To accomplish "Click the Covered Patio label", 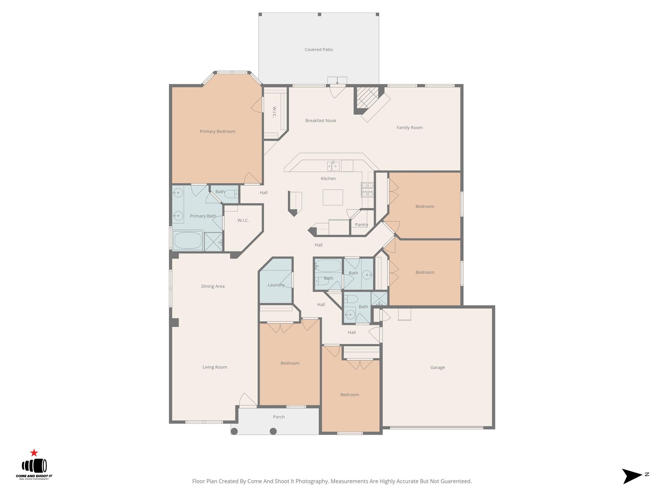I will [x=318, y=50].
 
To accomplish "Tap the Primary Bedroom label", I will [x=217, y=131].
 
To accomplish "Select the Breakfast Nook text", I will [x=320, y=121].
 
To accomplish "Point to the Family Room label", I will [x=409, y=128].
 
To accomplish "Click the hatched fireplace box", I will [x=367, y=97].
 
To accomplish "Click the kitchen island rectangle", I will [x=333, y=197].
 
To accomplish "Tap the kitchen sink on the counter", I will [x=333, y=166].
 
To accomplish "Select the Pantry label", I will [x=361, y=225].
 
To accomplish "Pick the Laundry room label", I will [x=276, y=285].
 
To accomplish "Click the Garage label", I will [x=437, y=367].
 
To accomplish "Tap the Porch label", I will [x=279, y=417].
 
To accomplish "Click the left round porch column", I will [x=234, y=431].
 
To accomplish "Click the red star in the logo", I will [x=34, y=453].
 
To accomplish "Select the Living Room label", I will [x=214, y=367].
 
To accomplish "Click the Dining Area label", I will [x=213, y=286].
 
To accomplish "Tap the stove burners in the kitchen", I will [x=367, y=190].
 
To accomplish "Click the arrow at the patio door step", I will [x=337, y=81].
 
